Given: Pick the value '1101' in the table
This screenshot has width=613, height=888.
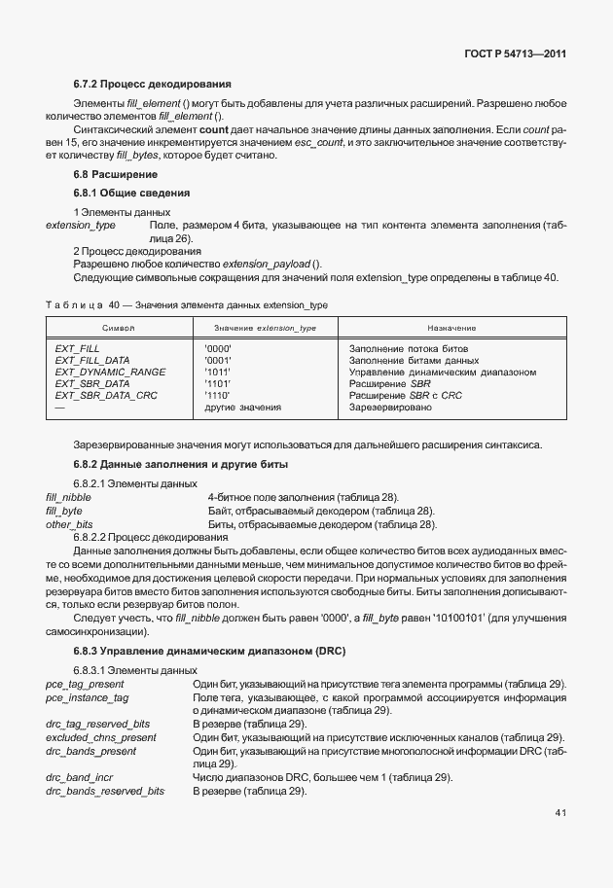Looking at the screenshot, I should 218,383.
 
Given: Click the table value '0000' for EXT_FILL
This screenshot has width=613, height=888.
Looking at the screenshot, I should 218,348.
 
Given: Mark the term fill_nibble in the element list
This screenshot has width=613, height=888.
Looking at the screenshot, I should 68,497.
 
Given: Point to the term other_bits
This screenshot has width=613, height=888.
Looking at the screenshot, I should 69,523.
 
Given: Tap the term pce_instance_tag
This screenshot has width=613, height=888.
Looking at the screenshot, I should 88,698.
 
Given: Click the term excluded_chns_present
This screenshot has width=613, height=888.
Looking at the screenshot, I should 100,737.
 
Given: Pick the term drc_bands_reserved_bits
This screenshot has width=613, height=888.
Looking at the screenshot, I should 105,792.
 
